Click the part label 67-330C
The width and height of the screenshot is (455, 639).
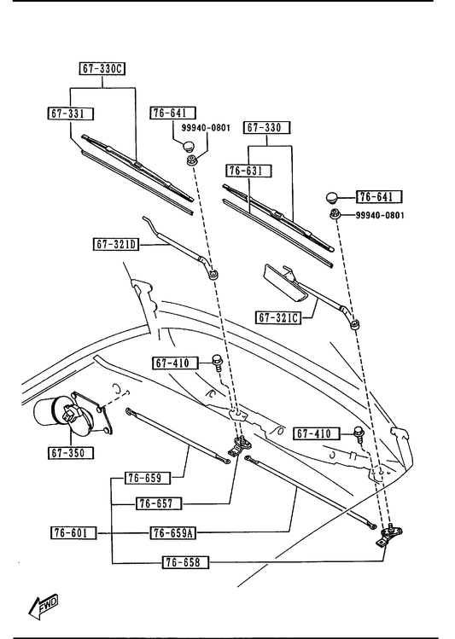(x=102, y=69)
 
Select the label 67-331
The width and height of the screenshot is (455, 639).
(x=70, y=113)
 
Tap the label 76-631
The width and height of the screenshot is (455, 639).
(x=248, y=171)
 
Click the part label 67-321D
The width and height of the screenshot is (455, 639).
(x=116, y=245)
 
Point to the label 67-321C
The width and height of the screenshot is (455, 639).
(x=278, y=317)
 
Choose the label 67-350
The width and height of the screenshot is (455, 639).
(x=70, y=453)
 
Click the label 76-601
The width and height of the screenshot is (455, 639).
(x=73, y=532)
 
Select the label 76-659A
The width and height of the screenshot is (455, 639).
(x=173, y=532)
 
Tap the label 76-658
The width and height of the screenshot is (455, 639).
(x=185, y=563)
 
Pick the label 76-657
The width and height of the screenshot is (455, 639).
(x=159, y=504)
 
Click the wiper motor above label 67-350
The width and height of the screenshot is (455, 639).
(x=73, y=415)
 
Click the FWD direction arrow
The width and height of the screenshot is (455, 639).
(x=44, y=606)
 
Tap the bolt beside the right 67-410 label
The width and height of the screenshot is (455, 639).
(x=359, y=435)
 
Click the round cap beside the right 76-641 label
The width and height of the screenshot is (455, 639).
(x=333, y=198)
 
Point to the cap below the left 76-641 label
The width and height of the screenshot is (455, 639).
(x=188, y=146)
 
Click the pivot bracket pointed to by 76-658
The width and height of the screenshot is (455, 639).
(x=389, y=536)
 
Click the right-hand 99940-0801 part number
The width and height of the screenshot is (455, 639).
(x=380, y=215)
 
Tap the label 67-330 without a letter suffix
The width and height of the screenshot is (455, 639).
(x=267, y=128)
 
